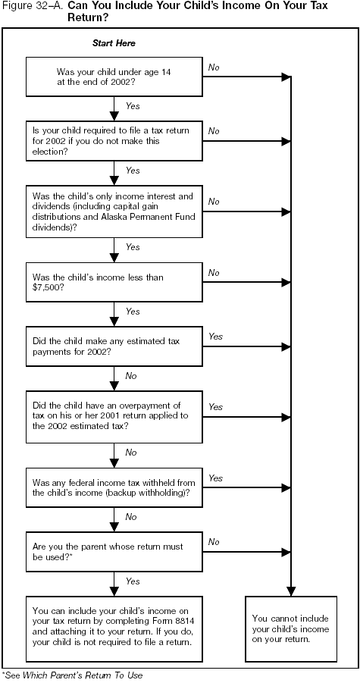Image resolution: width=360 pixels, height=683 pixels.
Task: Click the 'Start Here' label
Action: [114, 43]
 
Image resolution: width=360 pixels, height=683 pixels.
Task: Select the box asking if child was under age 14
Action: [114, 77]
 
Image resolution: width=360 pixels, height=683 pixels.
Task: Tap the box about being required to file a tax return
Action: [114, 140]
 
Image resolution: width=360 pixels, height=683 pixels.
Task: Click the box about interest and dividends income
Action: [114, 211]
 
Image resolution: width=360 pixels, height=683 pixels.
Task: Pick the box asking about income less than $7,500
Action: [114, 283]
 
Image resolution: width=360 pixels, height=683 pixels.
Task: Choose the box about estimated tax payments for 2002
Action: [114, 345]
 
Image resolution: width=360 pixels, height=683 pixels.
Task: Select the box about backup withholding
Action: [114, 487]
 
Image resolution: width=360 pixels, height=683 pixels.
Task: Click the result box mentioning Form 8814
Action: [114, 621]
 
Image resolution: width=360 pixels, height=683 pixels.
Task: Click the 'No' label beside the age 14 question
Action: [213, 67]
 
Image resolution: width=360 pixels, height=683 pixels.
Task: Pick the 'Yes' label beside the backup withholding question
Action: [215, 478]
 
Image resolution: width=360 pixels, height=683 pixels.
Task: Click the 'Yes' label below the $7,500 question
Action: [133, 312]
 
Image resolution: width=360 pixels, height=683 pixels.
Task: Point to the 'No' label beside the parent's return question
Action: [213, 541]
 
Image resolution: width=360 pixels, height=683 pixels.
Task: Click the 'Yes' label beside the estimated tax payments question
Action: [215, 336]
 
